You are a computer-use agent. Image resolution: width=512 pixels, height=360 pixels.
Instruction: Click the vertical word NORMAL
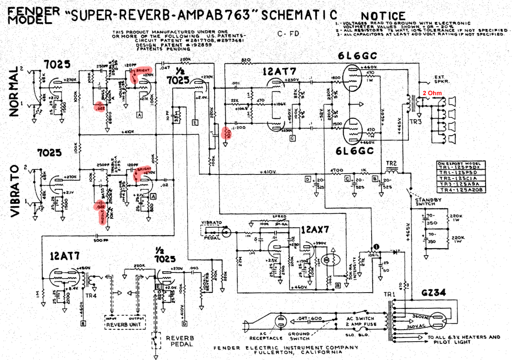(14, 91)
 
